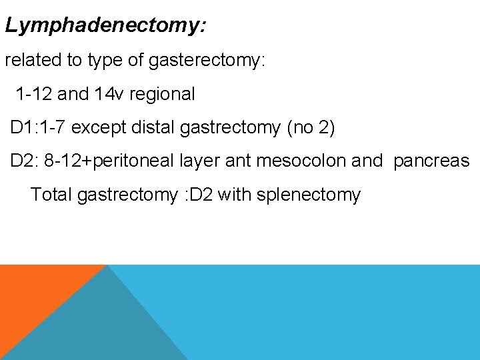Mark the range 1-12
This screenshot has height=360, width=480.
[34, 94]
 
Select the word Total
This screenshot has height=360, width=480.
[51, 195]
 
